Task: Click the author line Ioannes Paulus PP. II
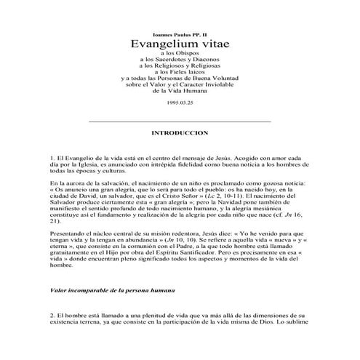click(180, 33)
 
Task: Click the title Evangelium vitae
click(180, 44)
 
